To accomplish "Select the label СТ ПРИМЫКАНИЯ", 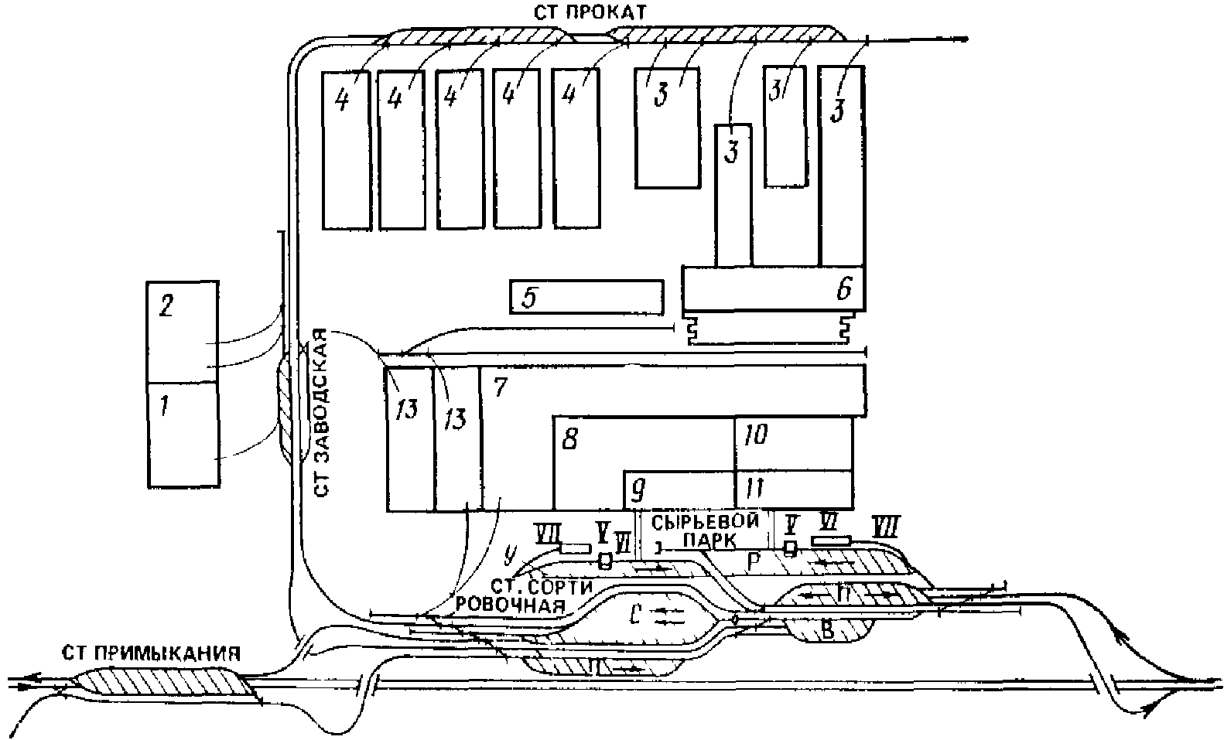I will (148, 652).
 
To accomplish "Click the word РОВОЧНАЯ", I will (509, 604).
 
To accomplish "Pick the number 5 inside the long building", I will (529, 298).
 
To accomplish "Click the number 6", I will (843, 289).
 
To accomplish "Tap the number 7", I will (499, 387).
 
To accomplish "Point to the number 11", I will (753, 489).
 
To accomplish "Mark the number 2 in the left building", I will (164, 306).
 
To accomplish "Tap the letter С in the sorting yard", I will (634, 616).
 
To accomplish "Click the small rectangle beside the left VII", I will (575, 549).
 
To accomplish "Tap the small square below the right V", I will (789, 548).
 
